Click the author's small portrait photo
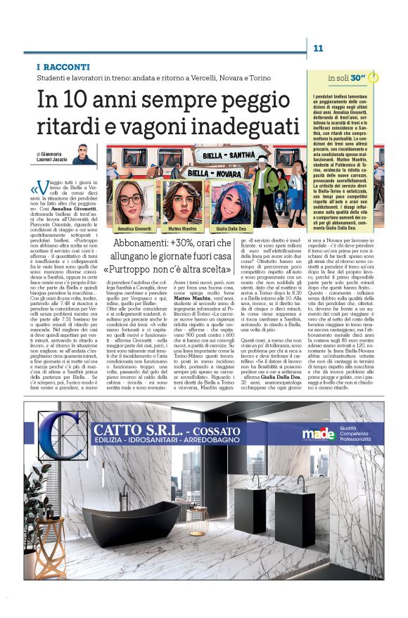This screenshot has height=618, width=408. (x=82, y=154)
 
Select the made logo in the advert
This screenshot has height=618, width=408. (x=312, y=432)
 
